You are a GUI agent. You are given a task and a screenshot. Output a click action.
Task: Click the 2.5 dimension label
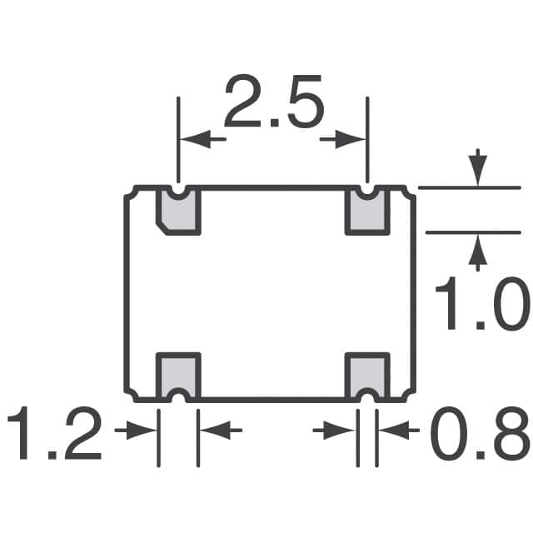[x=274, y=101]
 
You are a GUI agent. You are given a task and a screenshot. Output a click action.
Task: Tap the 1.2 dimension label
[x=55, y=433]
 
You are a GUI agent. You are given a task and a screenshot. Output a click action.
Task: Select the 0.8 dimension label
[x=481, y=433]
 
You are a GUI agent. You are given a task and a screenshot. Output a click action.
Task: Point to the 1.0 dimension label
[x=483, y=303]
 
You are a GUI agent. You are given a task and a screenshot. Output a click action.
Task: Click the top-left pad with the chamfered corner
[x=178, y=211]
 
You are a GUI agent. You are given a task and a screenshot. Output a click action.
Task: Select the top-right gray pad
[x=367, y=211]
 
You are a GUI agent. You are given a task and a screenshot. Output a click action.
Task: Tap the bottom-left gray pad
[x=178, y=376]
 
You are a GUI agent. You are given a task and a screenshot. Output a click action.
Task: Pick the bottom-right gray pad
[x=367, y=376]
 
